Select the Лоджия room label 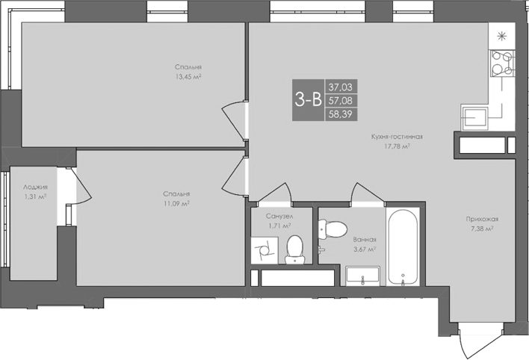point(35,187)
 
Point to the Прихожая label point(483,219)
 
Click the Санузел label point(279,215)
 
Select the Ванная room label point(364,240)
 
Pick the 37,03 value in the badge point(339,87)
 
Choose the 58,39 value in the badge point(339,114)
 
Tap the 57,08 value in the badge point(339,100)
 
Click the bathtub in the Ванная point(404,246)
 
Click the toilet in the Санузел point(294,248)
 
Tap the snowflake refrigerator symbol point(501,34)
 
